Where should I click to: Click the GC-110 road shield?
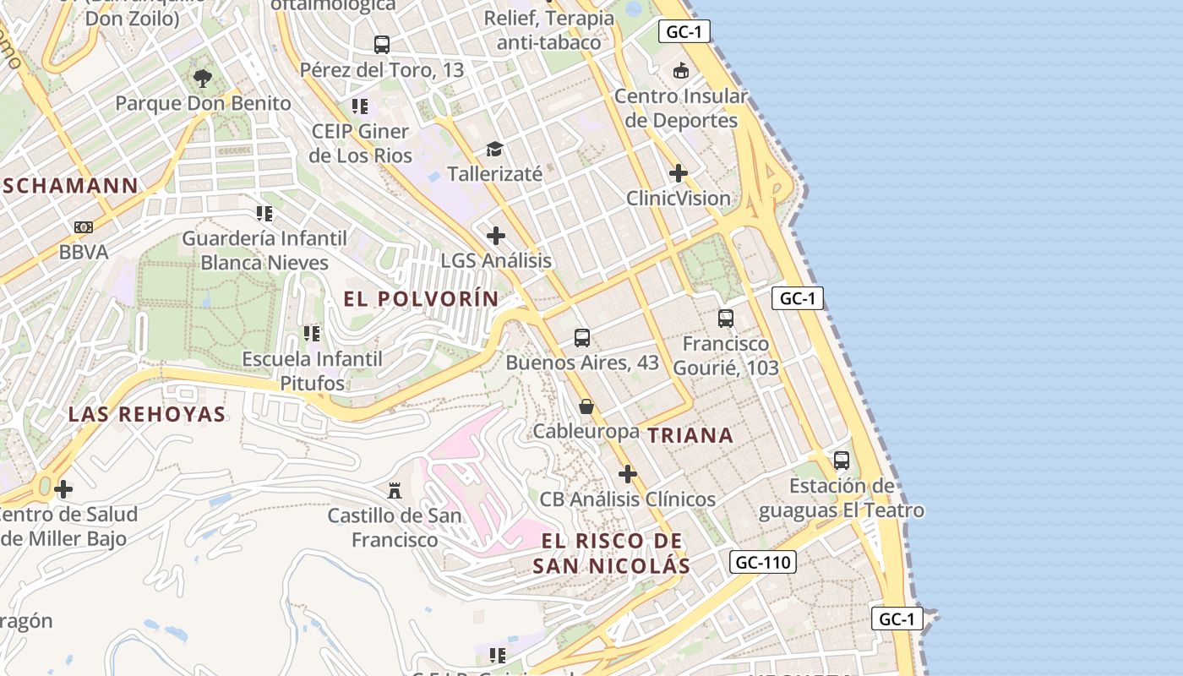pyautogui.click(x=762, y=562)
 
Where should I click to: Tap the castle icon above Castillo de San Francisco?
pyautogui.click(x=394, y=489)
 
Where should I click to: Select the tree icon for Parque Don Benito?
pyautogui.click(x=202, y=79)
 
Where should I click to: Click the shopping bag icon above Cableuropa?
pyautogui.click(x=586, y=406)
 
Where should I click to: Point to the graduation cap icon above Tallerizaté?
pyautogui.click(x=494, y=150)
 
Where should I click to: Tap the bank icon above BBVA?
pyautogui.click(x=83, y=227)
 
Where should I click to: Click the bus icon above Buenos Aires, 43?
pyautogui.click(x=581, y=338)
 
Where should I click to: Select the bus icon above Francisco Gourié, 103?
pyautogui.click(x=725, y=319)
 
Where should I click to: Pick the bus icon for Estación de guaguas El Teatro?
pyautogui.click(x=841, y=461)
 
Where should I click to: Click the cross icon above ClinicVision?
pyautogui.click(x=678, y=174)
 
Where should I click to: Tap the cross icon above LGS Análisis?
pyautogui.click(x=496, y=236)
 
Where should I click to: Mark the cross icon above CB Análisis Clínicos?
pyautogui.click(x=627, y=474)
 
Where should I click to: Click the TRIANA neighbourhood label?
pyautogui.click(x=690, y=436)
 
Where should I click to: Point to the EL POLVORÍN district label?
pyautogui.click(x=421, y=299)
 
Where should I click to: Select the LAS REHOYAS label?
pyautogui.click(x=147, y=414)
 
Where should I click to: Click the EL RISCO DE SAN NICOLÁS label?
pyautogui.click(x=611, y=553)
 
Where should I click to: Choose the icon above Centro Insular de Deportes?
pyautogui.click(x=680, y=70)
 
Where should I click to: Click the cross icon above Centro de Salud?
pyautogui.click(x=63, y=489)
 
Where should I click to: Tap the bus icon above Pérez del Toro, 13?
pyautogui.click(x=382, y=44)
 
